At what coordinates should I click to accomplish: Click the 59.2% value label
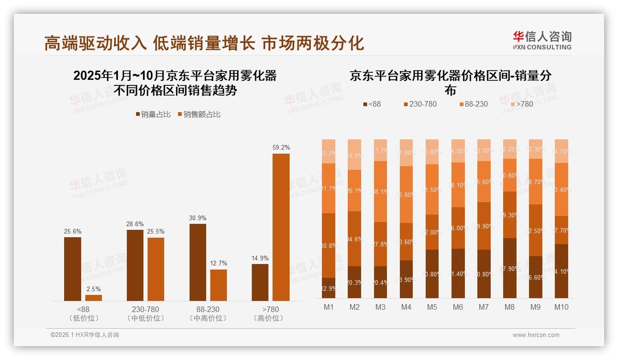(x=281, y=148)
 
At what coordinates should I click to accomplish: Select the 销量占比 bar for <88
(x=72, y=269)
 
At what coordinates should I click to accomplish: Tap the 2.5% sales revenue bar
(x=94, y=298)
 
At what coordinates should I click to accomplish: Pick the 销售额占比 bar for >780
(x=281, y=227)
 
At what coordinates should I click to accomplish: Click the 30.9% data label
(x=198, y=218)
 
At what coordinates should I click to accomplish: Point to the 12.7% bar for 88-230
(x=219, y=285)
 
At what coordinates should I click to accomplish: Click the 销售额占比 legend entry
(x=199, y=114)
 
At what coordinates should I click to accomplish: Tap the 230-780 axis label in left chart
(x=145, y=309)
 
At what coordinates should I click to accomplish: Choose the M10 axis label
(x=561, y=307)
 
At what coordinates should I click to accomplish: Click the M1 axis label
(x=328, y=307)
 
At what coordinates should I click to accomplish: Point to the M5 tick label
(x=432, y=307)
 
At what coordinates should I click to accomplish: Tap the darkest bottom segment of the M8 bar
(x=510, y=268)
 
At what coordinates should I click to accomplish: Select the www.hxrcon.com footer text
(x=535, y=335)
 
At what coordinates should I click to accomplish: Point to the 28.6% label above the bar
(x=135, y=224)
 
